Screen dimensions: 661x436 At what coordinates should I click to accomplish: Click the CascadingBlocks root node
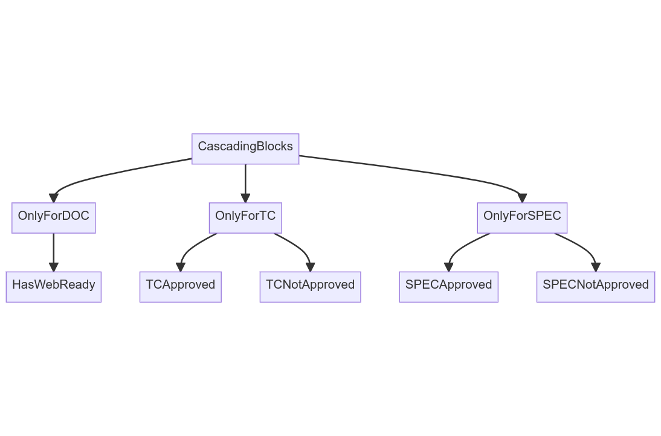[x=245, y=149]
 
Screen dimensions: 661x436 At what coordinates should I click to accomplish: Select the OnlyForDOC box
[x=54, y=218]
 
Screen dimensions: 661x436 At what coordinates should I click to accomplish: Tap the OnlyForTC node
[x=245, y=218]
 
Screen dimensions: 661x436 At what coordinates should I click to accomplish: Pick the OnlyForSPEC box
[x=522, y=218]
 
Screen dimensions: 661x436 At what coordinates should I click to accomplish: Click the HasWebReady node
[x=54, y=287]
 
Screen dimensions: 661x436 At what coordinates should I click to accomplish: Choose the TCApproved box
[x=181, y=287]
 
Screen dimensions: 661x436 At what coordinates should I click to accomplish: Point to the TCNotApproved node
[x=311, y=287]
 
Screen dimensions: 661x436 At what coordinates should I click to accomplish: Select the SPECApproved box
[x=448, y=287]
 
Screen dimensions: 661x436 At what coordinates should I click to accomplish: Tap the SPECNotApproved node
[x=596, y=287]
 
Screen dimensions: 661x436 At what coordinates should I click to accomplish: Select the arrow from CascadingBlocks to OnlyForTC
[x=245, y=184]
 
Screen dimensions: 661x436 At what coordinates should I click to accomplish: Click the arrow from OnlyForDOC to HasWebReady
[x=54, y=253]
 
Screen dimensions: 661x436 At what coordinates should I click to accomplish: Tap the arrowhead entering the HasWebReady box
[x=54, y=267]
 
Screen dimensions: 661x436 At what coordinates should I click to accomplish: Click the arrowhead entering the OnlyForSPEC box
[x=522, y=198]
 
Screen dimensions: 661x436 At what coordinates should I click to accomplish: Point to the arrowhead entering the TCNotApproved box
[x=311, y=267]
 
